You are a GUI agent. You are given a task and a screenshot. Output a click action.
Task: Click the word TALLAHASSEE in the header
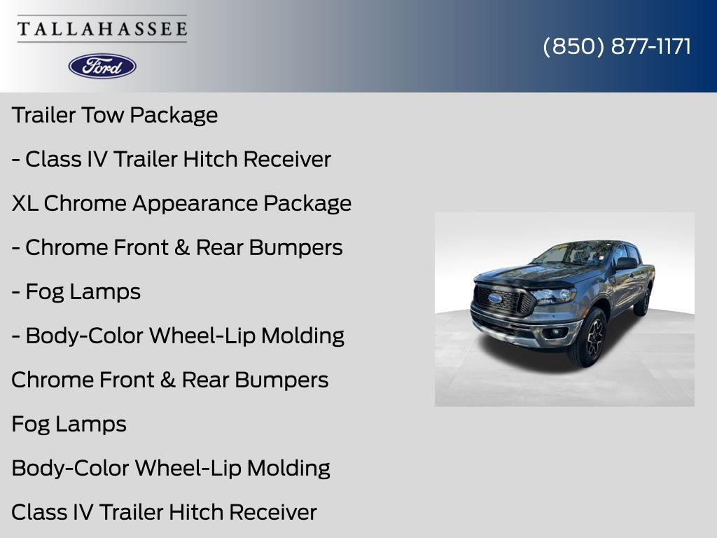coord(102,29)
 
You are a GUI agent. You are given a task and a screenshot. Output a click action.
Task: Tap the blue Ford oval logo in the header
coord(102,66)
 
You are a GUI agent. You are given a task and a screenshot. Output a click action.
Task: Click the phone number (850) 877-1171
coord(617,46)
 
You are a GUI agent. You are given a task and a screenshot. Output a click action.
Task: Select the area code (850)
coord(573,46)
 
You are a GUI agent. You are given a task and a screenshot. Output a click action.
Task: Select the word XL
coord(25,203)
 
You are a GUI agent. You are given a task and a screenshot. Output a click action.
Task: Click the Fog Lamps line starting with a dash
coord(76,291)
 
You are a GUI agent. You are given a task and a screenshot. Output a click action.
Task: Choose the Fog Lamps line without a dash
coord(69,424)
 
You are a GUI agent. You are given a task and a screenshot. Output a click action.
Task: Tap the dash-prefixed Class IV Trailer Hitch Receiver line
coord(171,159)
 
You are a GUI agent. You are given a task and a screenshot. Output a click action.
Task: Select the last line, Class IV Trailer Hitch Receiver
coord(164,512)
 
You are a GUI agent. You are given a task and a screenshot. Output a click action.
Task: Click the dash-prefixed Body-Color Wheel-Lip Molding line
coord(178,336)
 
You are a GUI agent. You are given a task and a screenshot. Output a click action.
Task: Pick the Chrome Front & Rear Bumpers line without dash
coord(169,380)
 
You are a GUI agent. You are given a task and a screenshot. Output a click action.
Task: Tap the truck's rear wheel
coord(643,300)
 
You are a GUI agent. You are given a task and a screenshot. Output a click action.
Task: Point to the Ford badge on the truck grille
coord(494,298)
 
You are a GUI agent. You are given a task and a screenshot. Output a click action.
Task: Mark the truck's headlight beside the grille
coord(555,296)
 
